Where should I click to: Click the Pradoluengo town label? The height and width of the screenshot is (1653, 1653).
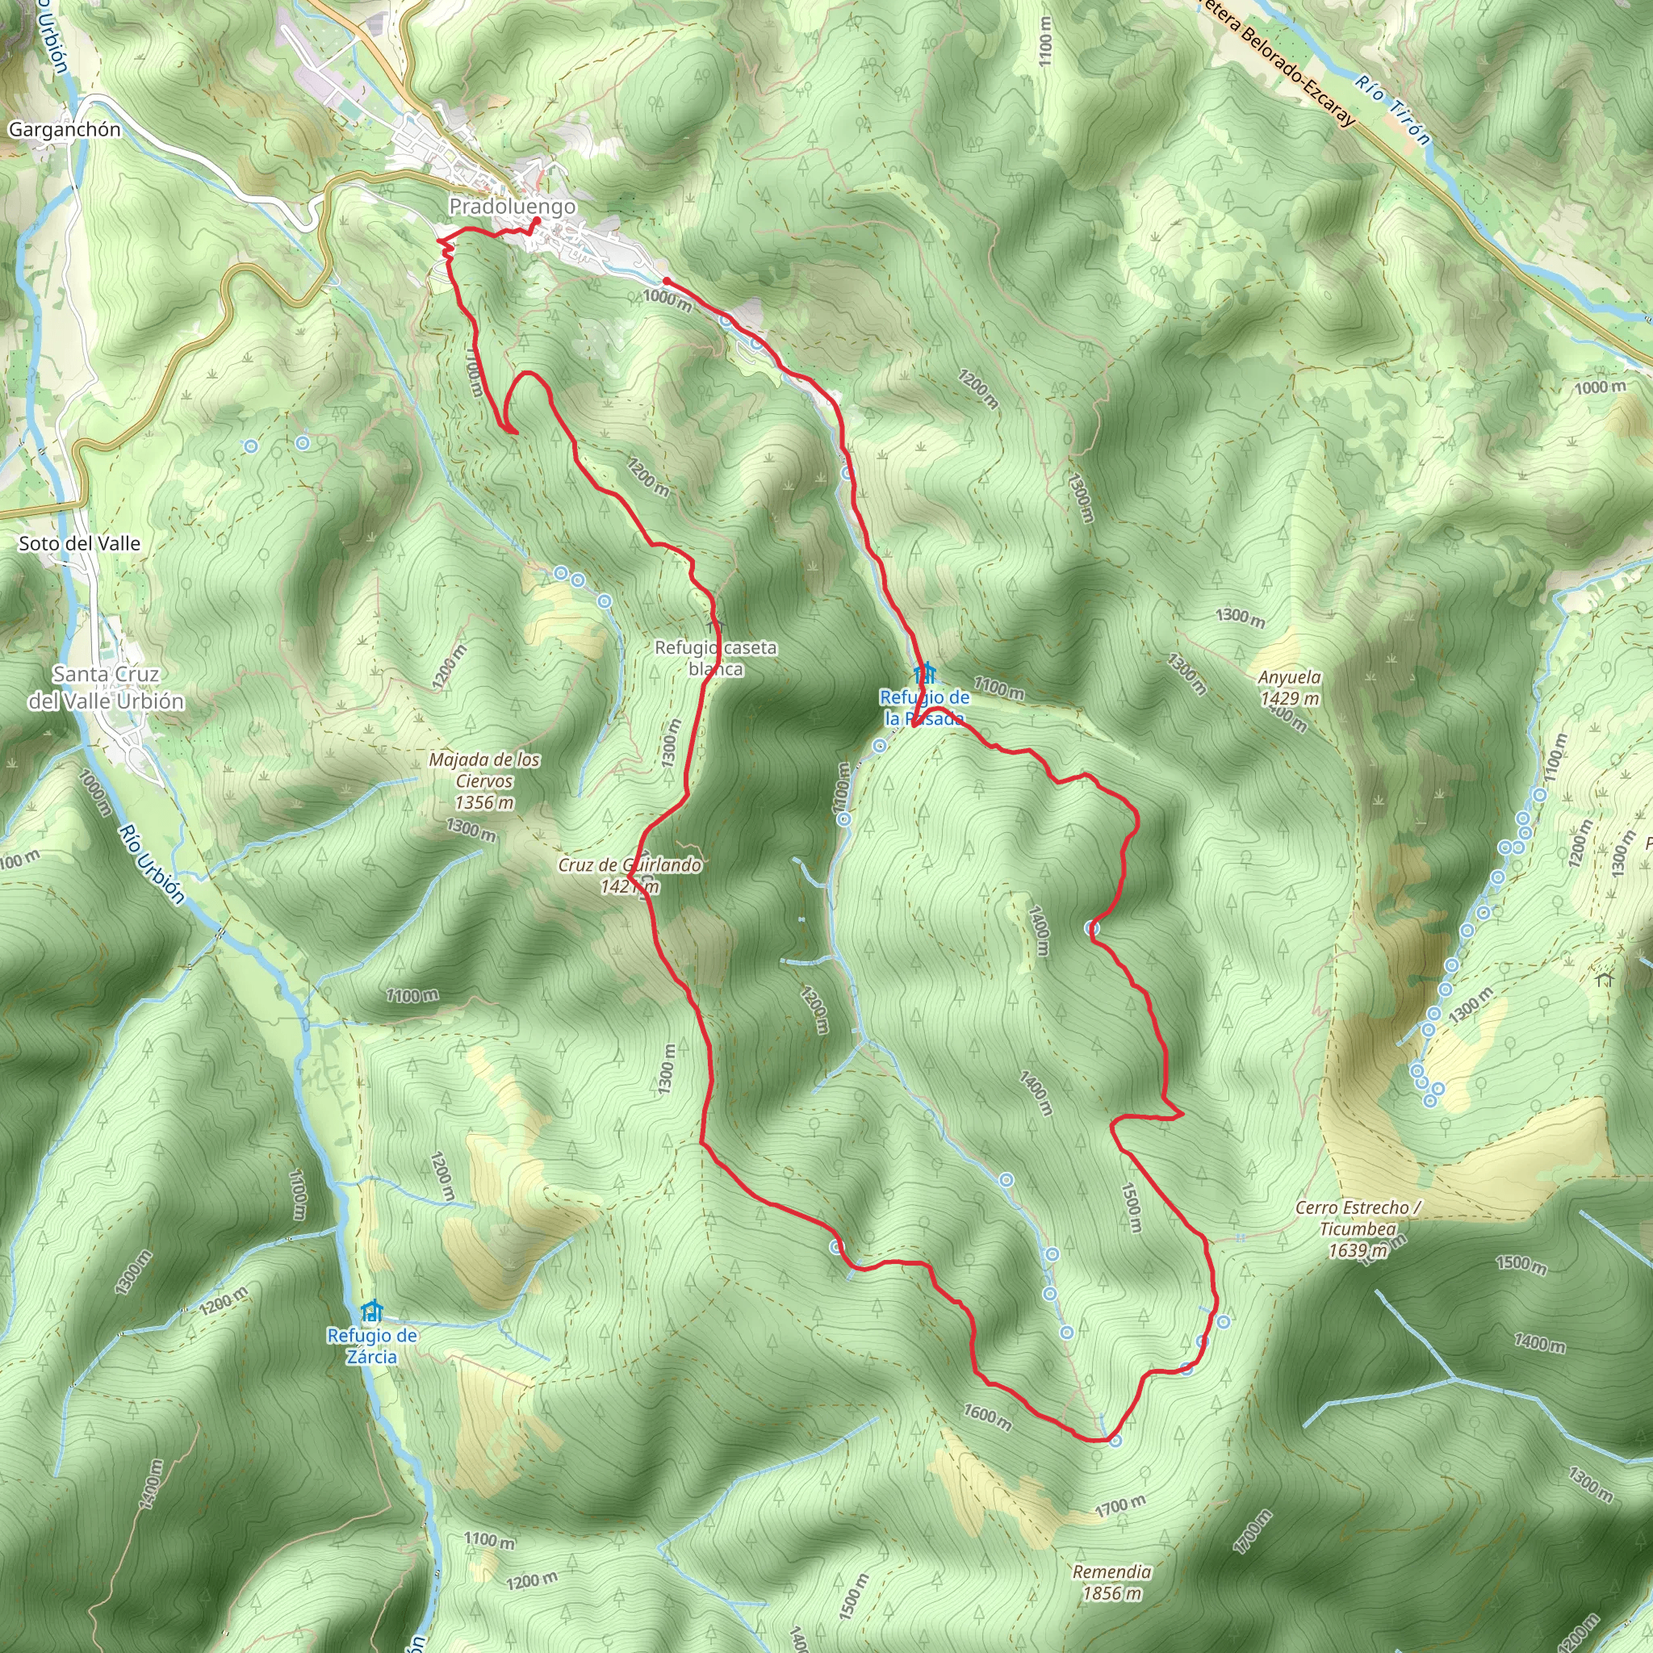pyautogui.click(x=512, y=206)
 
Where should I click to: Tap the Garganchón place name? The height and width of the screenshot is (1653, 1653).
pyautogui.click(x=65, y=129)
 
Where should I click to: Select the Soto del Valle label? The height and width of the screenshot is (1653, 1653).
pyautogui.click(x=80, y=543)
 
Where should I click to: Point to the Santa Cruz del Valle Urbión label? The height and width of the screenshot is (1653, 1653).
pyautogui.click(x=106, y=687)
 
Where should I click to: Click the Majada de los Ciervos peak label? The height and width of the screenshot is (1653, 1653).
pyautogui.click(x=484, y=780)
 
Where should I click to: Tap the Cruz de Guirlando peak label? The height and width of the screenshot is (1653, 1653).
pyautogui.click(x=630, y=875)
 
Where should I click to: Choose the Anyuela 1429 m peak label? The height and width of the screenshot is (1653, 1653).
pyautogui.click(x=1289, y=688)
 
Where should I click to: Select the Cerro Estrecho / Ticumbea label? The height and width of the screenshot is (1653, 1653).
pyautogui.click(x=1358, y=1229)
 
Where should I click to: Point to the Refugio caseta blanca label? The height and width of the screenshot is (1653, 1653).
pyautogui.click(x=715, y=658)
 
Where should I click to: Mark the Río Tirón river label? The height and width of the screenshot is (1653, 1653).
pyautogui.click(x=1392, y=110)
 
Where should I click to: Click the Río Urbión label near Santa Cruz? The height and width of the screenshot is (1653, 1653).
pyautogui.click(x=152, y=864)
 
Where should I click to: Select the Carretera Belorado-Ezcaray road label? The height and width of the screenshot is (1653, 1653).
pyautogui.click(x=1278, y=65)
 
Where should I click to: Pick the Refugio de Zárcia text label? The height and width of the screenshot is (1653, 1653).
pyautogui.click(x=372, y=1345)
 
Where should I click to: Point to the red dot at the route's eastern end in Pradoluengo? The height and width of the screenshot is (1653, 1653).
pyautogui.click(x=666, y=281)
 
